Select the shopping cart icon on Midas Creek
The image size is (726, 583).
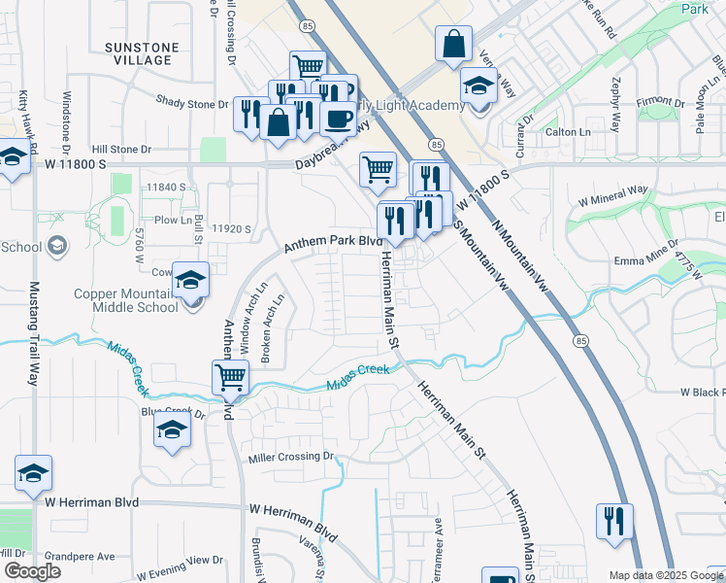click(231, 377)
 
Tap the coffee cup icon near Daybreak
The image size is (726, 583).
click(338, 119)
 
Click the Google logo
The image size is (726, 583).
click(32, 571)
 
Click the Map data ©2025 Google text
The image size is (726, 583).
click(665, 575)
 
